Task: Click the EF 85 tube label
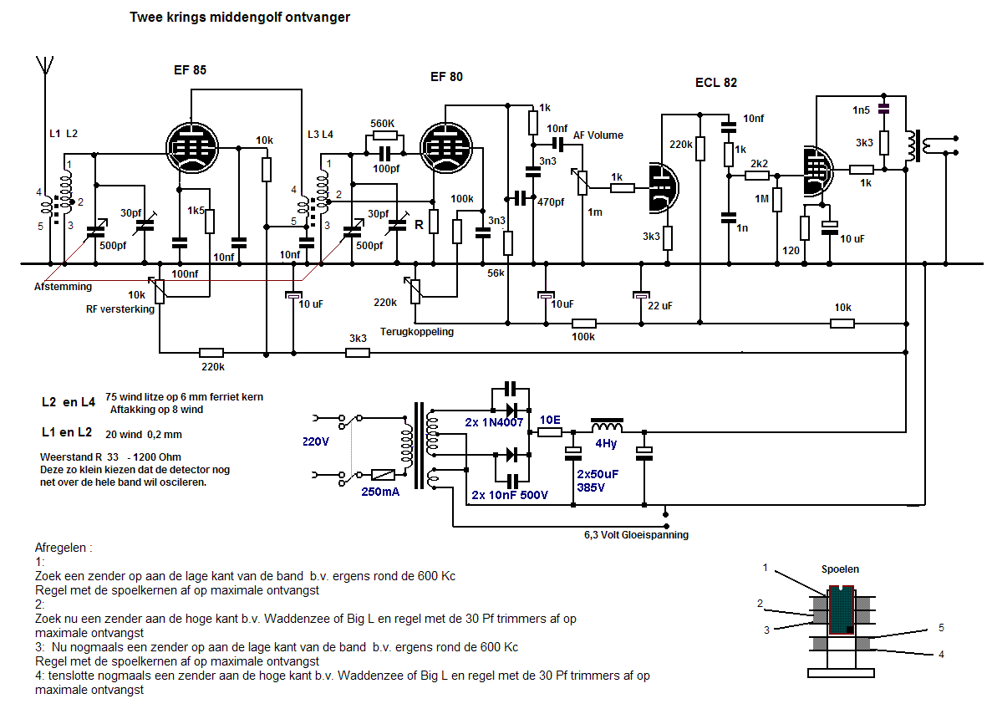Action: [x=184, y=70]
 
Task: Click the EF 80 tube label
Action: [x=446, y=77]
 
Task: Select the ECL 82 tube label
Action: [x=715, y=82]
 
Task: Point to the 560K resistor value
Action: [x=383, y=123]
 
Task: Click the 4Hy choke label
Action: [x=606, y=443]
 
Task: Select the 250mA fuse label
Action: [x=379, y=492]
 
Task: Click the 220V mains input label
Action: [x=316, y=443]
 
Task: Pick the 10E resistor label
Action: [x=550, y=420]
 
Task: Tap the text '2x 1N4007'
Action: [x=494, y=422]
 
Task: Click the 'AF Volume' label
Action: [x=598, y=135]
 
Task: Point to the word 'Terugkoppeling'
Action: [x=416, y=332]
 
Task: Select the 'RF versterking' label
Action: [x=120, y=309]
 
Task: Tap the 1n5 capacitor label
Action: [x=861, y=110]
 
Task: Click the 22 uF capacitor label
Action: [x=659, y=306]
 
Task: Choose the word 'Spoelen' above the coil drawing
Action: [x=840, y=569]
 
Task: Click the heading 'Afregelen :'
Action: [x=64, y=548]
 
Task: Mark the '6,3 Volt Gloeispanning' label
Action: [x=636, y=535]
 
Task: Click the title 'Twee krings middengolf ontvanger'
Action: [x=240, y=17]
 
